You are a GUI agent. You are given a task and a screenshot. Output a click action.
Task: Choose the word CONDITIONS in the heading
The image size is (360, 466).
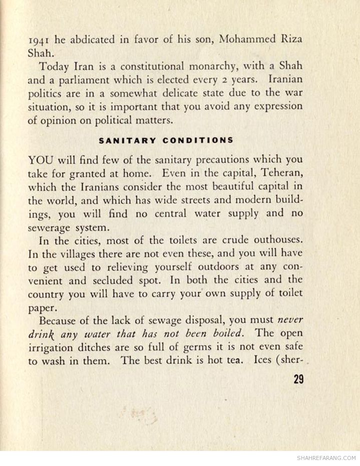(198, 140)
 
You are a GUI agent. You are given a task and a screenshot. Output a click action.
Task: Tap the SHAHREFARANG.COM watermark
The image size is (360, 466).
(326, 458)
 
